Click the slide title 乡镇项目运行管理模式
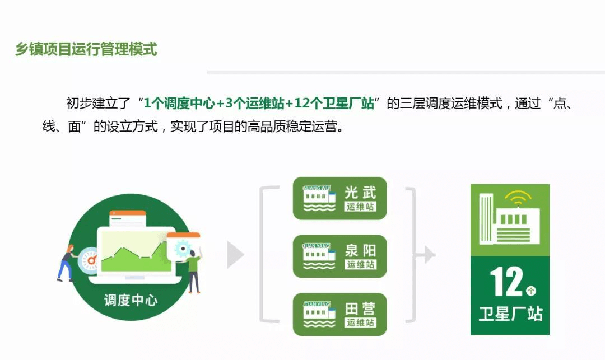coord(86,49)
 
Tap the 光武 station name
coord(360,192)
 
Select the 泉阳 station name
coord(360,250)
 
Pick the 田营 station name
coord(360,308)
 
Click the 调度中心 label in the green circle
coord(131,300)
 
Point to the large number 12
coord(507,282)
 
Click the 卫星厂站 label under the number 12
coord(510,314)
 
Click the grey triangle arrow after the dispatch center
coord(235,254)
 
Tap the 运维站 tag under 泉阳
coord(360,264)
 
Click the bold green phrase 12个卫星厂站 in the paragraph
coord(334,104)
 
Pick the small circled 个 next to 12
coord(531,290)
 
